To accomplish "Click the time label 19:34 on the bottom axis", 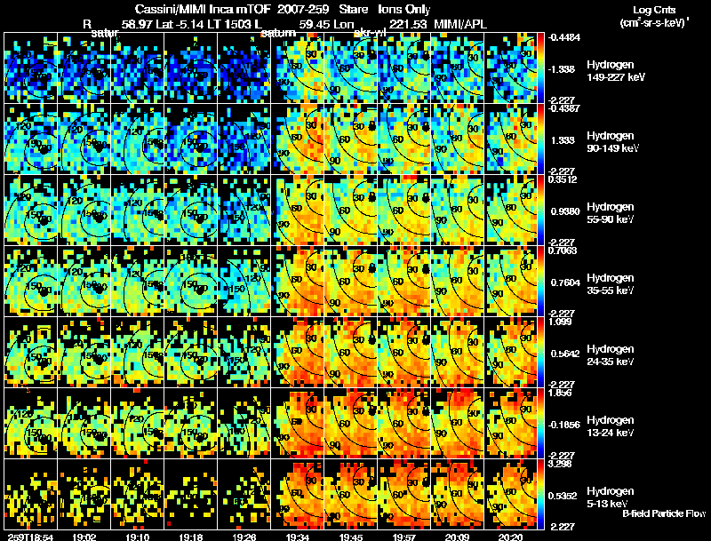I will tap(298, 537).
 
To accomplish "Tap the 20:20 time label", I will tap(510, 537).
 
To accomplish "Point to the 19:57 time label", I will tap(403, 537).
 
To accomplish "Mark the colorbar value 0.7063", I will tap(564, 251).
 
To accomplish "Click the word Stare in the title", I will tap(341, 8).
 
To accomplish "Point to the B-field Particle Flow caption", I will tap(664, 513).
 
